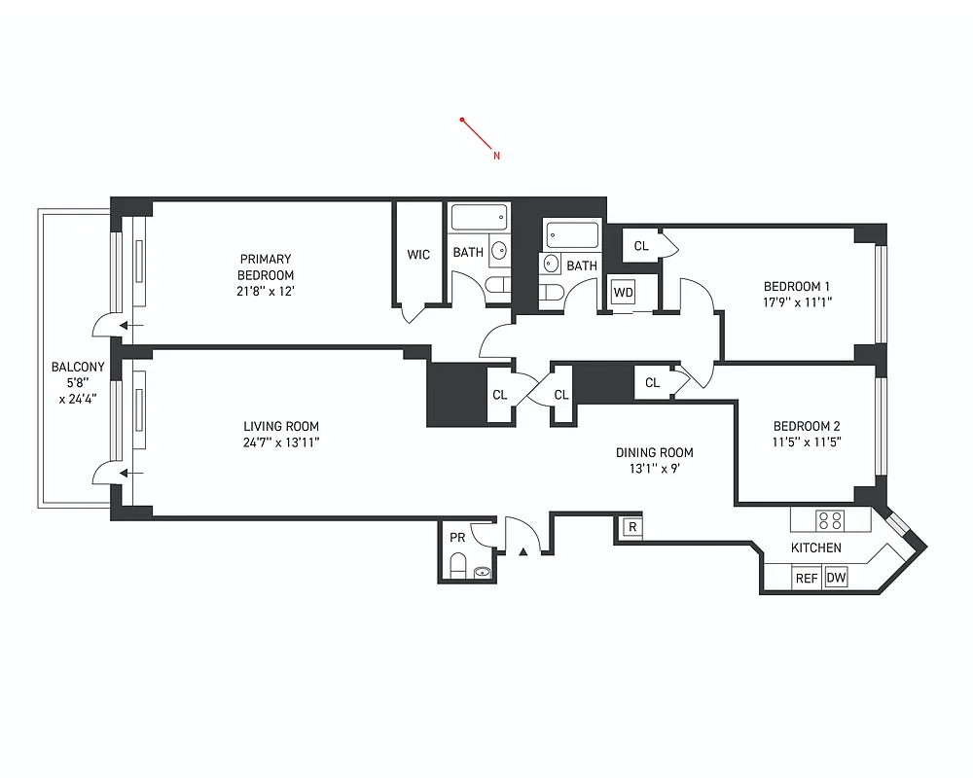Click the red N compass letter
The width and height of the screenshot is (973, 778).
click(x=496, y=156)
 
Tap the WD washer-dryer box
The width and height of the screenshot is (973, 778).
click(x=623, y=292)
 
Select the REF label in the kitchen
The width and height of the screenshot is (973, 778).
click(x=807, y=578)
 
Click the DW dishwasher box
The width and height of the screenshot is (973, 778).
click(x=836, y=578)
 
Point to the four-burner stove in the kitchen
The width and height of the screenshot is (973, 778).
click(x=830, y=520)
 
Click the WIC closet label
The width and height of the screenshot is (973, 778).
click(x=418, y=255)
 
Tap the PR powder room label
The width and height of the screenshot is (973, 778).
click(x=457, y=538)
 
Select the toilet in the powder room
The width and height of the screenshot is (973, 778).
click(x=457, y=566)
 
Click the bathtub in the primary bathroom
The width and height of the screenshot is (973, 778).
click(x=481, y=218)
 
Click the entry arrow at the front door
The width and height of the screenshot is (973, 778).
click(x=523, y=551)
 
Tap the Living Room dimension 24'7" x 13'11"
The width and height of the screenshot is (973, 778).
click(x=280, y=442)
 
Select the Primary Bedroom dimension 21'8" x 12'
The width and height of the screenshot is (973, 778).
click(x=266, y=291)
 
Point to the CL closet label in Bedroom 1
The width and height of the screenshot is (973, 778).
click(x=641, y=246)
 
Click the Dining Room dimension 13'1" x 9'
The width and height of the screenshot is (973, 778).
click(x=654, y=468)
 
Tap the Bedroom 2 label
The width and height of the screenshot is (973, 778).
click(x=807, y=426)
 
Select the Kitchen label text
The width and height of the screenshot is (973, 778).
click(x=815, y=548)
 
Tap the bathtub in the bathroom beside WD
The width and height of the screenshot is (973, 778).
click(x=572, y=234)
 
